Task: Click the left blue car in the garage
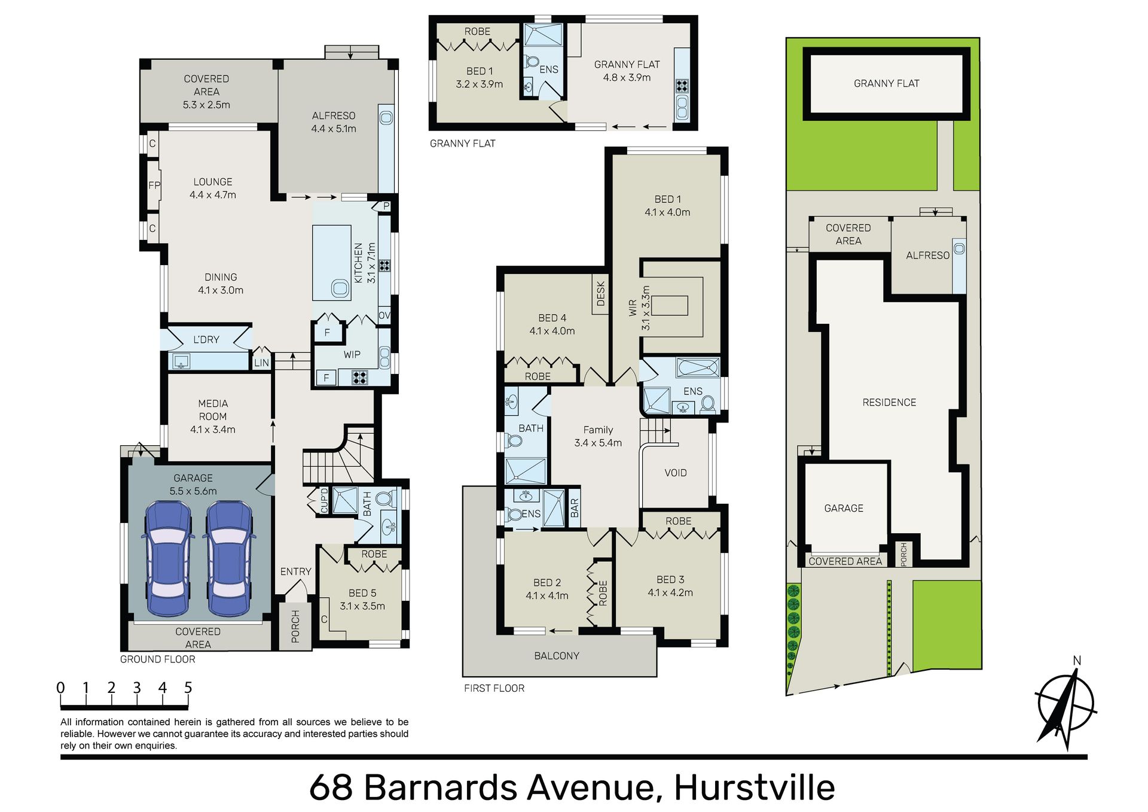[168, 559]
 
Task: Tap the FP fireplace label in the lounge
[154, 185]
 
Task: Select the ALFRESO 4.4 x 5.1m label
[334, 122]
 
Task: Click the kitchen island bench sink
[340, 289]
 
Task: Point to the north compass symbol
[1066, 704]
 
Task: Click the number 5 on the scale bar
[188, 688]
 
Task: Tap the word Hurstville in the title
[755, 787]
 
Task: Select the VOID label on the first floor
[676, 473]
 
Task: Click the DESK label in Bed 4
[601, 293]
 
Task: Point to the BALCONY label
[557, 656]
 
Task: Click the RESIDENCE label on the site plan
[889, 403]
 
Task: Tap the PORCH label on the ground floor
[295, 627]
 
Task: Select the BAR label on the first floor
[575, 508]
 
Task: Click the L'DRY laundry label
[206, 339]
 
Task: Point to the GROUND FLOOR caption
[158, 659]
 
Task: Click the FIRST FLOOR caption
[494, 688]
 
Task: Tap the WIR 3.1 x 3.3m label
[639, 308]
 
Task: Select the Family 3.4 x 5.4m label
[598, 436]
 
